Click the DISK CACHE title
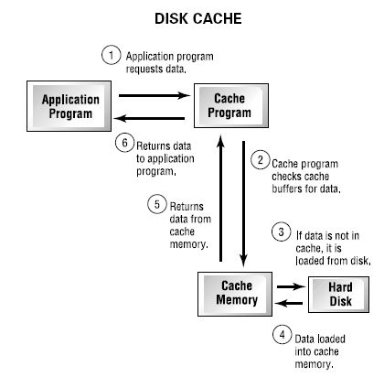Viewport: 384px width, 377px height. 198,18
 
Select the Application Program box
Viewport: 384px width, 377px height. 69,106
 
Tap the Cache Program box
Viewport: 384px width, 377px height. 231,105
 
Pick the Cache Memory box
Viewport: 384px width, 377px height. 235,294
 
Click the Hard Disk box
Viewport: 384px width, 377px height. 339,295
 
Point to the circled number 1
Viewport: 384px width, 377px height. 111,55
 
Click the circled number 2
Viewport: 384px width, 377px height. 261,160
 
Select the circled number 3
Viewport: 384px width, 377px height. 281,232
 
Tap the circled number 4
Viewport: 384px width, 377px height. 283,335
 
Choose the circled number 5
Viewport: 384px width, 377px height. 157,204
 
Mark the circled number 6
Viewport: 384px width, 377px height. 124,143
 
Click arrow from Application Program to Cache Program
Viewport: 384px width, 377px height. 155,96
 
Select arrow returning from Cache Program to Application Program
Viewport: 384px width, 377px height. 149,118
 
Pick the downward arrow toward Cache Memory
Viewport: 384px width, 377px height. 243,204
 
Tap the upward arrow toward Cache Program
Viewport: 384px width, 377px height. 220,198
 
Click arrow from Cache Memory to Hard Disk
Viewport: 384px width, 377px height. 291,286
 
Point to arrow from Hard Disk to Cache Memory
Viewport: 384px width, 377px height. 289,303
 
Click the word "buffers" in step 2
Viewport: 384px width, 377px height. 287,188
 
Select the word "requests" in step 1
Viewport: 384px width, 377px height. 144,70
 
